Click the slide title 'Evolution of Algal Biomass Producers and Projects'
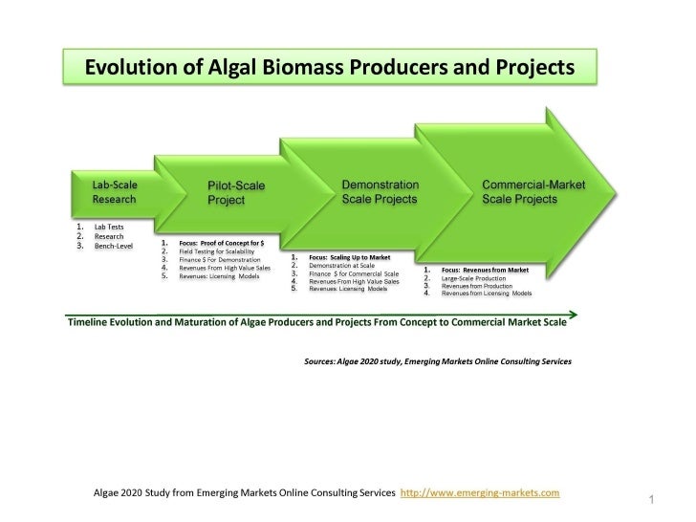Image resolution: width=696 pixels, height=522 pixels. pos(331,68)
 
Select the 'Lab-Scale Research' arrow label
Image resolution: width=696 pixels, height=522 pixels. pos(113,191)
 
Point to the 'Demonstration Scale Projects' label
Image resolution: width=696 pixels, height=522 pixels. pos(380,190)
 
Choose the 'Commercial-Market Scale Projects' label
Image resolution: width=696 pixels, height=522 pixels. pos(533,190)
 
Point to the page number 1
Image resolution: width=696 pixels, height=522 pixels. pos(650,500)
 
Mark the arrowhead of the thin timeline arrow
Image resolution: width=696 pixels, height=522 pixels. pos(573,312)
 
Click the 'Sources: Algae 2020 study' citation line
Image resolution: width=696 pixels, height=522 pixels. pos(438,362)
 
